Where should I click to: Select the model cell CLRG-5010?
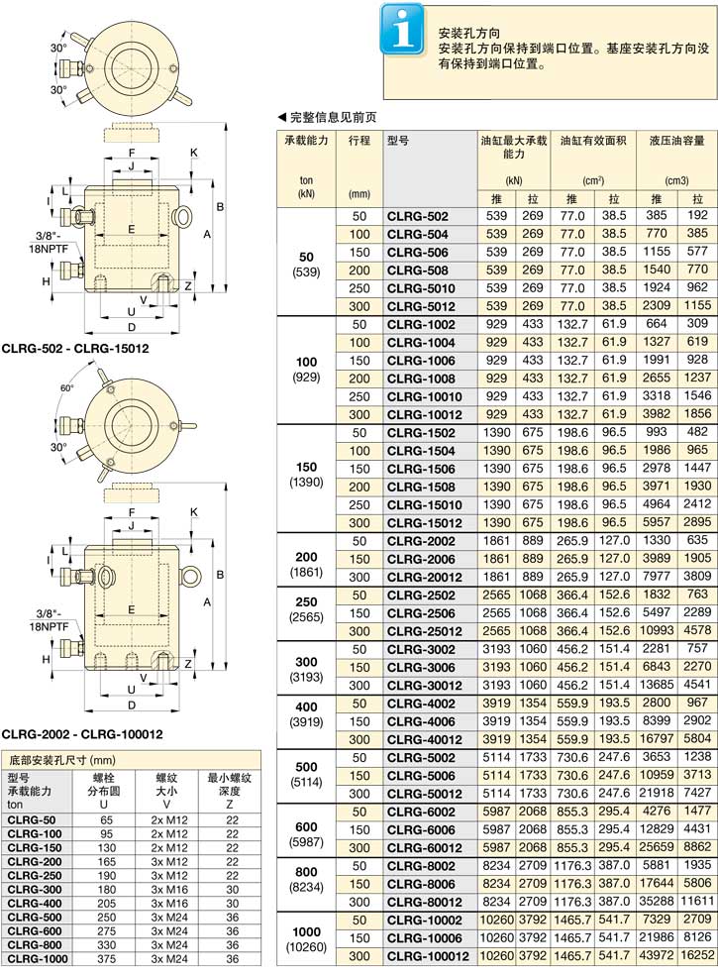click(421, 288)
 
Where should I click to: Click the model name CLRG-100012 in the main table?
click(428, 956)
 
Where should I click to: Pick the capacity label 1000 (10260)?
click(306, 939)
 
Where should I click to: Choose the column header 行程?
click(359, 141)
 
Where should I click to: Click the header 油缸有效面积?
click(593, 141)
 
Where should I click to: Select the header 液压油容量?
click(676, 141)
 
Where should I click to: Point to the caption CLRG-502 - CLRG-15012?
click(75, 349)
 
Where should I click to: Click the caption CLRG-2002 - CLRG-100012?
click(82, 734)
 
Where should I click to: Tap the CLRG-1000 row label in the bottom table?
click(38, 959)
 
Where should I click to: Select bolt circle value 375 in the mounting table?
click(107, 959)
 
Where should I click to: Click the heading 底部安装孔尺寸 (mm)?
click(61, 760)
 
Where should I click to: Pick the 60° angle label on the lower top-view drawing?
click(66, 388)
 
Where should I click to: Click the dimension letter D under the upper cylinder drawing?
click(132, 328)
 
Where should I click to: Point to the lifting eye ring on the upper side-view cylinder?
click(182, 216)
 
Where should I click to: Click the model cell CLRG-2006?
click(421, 560)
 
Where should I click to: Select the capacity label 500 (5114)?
click(306, 774)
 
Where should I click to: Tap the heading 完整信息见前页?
click(327, 117)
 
